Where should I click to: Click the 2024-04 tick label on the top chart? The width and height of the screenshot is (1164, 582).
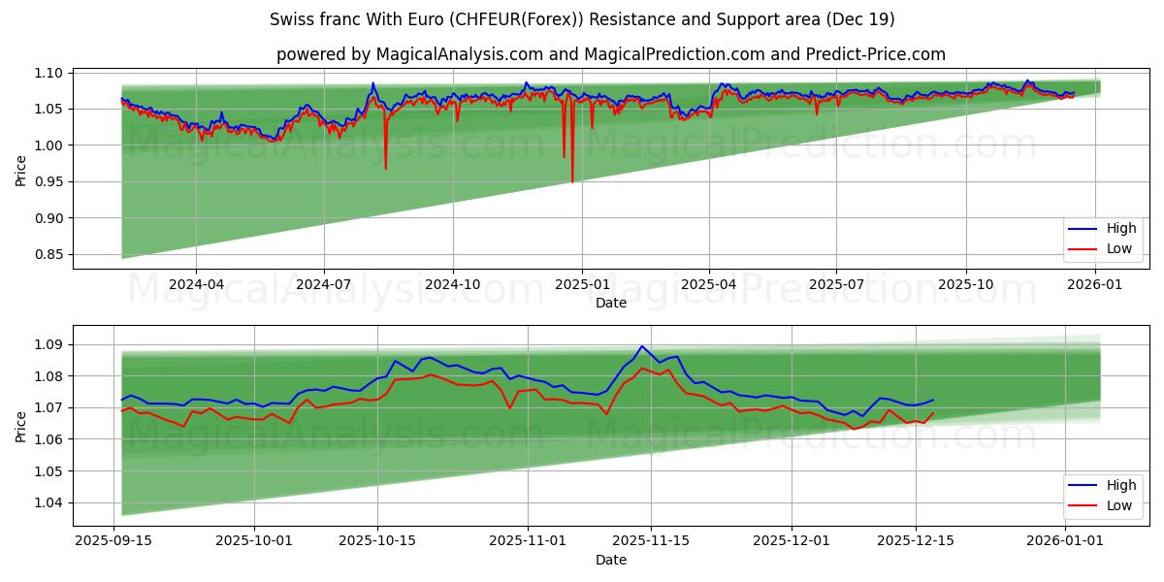196,284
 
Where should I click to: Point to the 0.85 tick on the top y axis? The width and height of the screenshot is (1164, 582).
48,254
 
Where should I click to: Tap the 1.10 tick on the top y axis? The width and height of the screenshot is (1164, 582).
48,73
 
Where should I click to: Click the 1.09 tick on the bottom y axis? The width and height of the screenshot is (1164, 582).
48,344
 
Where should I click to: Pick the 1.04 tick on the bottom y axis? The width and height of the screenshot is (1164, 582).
48,502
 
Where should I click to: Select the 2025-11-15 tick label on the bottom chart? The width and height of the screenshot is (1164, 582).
650,541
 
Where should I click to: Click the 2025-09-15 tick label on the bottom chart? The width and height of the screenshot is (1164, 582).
114,541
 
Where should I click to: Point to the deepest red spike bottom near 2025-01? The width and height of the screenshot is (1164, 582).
572,181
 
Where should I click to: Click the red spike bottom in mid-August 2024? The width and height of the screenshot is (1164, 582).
385,169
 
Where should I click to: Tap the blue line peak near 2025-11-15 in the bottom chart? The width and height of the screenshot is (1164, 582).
641,346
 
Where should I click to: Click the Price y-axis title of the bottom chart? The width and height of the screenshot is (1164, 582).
20,426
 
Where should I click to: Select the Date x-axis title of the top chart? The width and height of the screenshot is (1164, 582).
611,303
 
